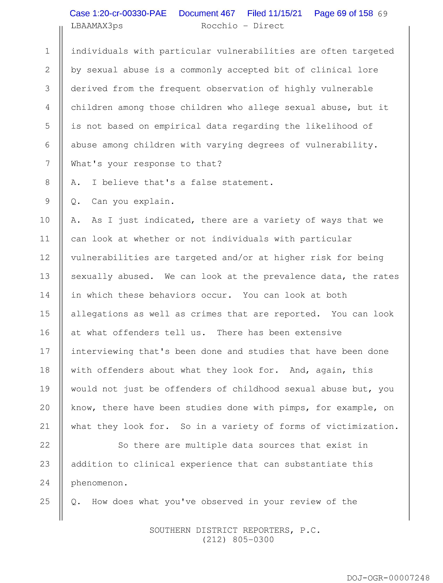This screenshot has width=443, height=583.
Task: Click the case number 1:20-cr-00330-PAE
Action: pyautogui.click(x=118, y=13)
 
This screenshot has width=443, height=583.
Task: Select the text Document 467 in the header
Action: pyautogui.click(x=207, y=13)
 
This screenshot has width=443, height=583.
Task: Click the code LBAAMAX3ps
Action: pyautogui.click(x=97, y=26)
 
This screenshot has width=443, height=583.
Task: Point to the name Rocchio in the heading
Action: pyautogui.click(x=219, y=26)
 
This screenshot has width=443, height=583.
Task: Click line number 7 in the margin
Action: pyautogui.click(x=47, y=164)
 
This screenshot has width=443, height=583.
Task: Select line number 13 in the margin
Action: pyautogui.click(x=45, y=276)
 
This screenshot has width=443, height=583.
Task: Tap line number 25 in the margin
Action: pyautogui.click(x=45, y=501)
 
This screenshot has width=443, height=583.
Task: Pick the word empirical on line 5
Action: pyautogui.click(x=178, y=126)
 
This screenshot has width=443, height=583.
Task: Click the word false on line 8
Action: pyautogui.click(x=204, y=182)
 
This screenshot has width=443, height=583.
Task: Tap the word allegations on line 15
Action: pyautogui.click(x=99, y=314)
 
